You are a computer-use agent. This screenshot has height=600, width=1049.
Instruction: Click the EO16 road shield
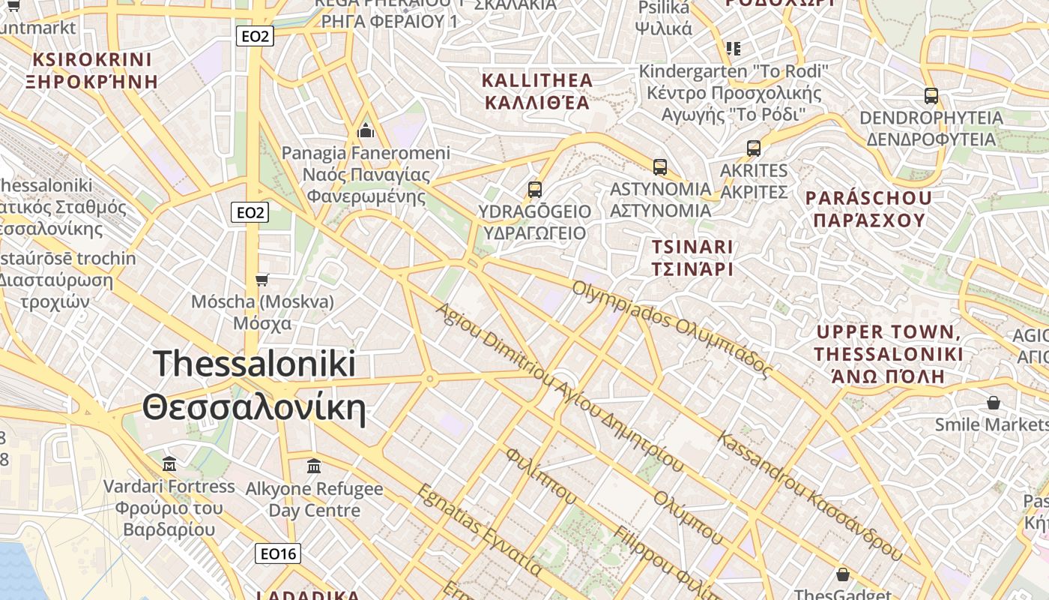[x=278, y=553]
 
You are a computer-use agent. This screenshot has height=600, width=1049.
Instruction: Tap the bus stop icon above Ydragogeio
[x=534, y=189]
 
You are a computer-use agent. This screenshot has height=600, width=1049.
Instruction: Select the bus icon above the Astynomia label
[x=659, y=166]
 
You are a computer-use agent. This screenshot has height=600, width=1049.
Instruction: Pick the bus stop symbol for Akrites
[x=753, y=148]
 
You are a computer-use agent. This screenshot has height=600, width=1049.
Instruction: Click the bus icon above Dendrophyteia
[x=931, y=96]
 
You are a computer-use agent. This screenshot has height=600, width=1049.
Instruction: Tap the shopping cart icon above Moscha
[x=262, y=280]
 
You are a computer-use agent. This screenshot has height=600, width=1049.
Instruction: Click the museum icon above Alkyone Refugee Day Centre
[x=314, y=466]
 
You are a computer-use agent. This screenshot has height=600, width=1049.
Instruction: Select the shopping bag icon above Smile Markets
[x=993, y=403]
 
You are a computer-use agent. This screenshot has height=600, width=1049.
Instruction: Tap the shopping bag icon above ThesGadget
[x=842, y=574]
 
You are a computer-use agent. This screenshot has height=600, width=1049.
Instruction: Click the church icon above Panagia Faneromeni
[x=366, y=130]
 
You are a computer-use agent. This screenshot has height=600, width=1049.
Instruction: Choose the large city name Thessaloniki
[x=254, y=386]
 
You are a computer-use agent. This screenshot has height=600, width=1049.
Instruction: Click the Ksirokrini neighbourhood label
[x=92, y=70]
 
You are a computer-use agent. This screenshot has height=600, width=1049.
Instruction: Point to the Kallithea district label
[x=537, y=91]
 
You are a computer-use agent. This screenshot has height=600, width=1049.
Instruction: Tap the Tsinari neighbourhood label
[x=692, y=257]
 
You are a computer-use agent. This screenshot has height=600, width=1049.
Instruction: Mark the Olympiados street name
[x=671, y=328]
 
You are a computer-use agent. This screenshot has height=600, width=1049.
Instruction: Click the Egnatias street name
[x=480, y=530]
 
